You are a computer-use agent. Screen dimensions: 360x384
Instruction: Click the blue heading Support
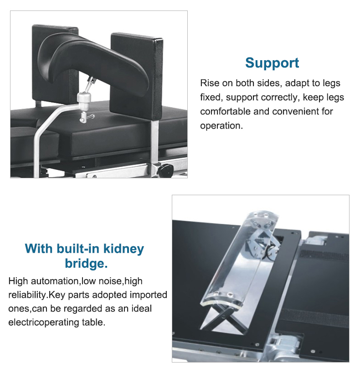click(x=272, y=63)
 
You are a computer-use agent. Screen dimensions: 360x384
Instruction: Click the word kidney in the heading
click(x=123, y=249)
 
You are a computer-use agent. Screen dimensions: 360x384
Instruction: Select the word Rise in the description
click(x=210, y=83)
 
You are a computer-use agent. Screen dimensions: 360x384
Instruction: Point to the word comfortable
click(x=226, y=111)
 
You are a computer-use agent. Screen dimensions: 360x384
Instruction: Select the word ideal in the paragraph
click(x=142, y=309)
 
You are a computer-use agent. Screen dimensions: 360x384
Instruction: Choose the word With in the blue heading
click(x=39, y=249)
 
